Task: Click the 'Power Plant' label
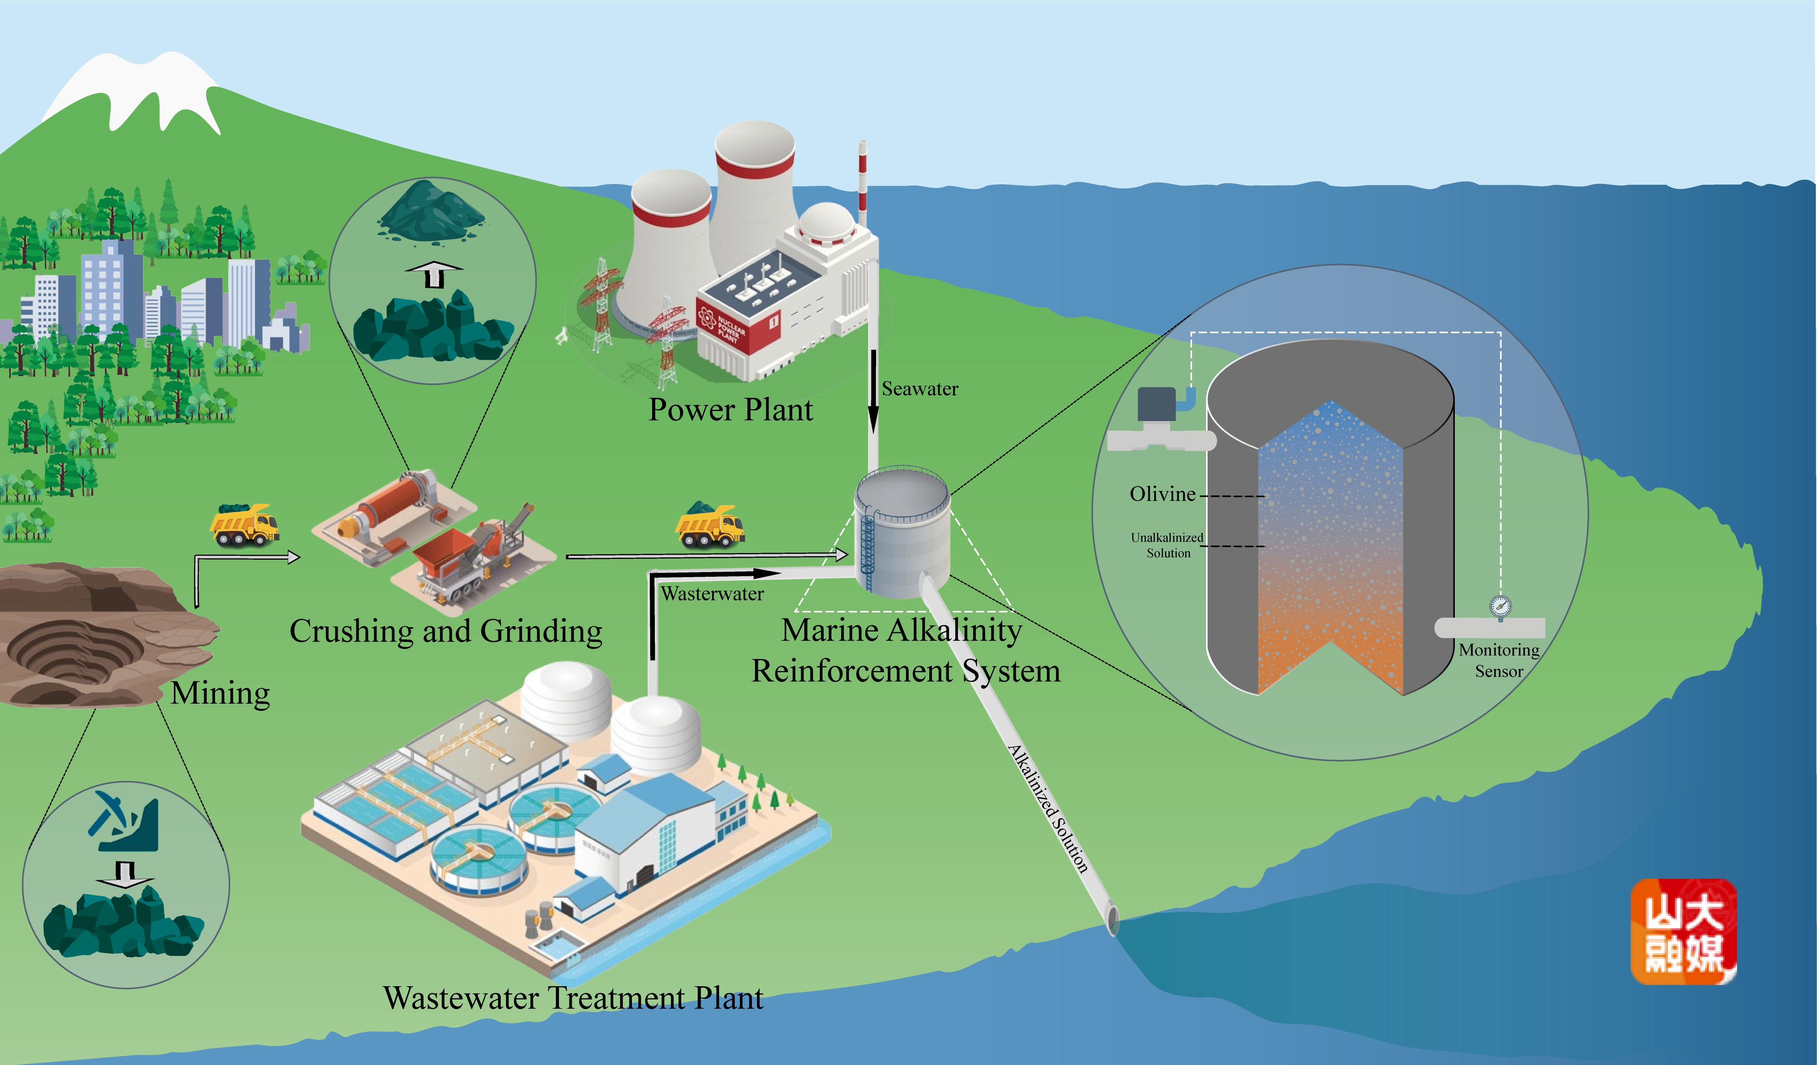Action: (x=731, y=409)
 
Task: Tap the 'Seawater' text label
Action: (x=920, y=389)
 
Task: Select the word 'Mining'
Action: (x=220, y=693)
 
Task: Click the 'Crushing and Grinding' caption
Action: (x=446, y=631)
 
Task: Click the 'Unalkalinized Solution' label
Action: (x=1167, y=545)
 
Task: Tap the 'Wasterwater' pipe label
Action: (x=712, y=593)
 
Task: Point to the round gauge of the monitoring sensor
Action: (x=1501, y=606)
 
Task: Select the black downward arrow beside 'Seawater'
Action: (x=873, y=393)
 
